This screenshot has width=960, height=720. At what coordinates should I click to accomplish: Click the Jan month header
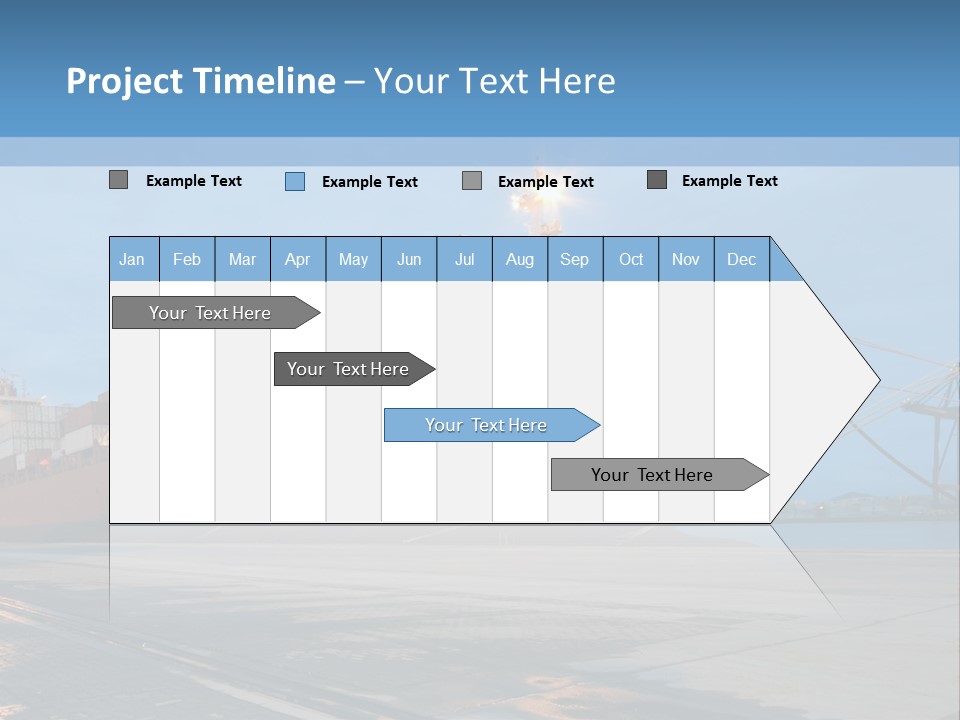132,260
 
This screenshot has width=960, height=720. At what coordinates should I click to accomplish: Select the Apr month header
297,260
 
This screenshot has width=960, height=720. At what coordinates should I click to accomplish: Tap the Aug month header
519,260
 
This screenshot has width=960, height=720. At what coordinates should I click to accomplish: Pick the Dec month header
741,260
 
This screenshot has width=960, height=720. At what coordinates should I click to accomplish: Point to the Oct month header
631,260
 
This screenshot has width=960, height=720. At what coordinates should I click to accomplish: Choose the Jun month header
409,260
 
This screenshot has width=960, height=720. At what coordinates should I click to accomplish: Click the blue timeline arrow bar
486,425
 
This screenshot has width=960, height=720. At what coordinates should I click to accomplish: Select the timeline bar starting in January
210,313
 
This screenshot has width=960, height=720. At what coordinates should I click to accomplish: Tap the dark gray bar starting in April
348,369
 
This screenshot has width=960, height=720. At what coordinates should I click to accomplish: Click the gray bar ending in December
652,475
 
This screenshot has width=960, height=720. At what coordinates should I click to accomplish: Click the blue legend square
295,181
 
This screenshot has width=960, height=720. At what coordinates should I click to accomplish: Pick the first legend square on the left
118,180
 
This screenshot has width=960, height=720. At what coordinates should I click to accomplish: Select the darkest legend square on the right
657,180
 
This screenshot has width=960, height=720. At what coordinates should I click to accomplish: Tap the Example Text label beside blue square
369,182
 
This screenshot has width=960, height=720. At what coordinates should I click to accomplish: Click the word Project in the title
123,81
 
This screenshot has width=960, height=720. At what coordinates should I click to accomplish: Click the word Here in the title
577,81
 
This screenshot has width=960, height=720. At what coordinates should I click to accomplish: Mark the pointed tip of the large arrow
878,380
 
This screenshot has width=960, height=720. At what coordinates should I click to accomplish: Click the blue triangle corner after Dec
782,268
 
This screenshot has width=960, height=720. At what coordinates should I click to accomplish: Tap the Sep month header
574,260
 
